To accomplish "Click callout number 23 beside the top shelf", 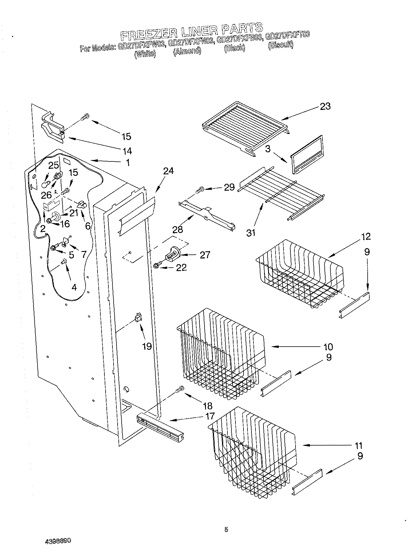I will tap(325, 106).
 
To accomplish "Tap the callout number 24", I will tap(169, 171).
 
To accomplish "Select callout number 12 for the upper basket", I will tap(366, 236).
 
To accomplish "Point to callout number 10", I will tap(328, 347).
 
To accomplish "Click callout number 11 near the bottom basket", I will tap(358, 446).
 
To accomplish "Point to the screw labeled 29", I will tap(199, 189).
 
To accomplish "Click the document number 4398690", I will tap(58, 541).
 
